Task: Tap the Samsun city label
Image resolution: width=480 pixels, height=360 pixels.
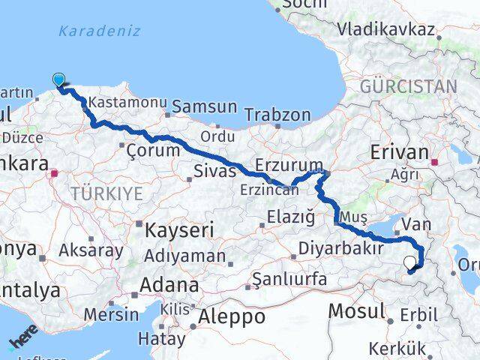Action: [204, 106]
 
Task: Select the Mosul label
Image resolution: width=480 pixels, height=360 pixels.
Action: [358, 309]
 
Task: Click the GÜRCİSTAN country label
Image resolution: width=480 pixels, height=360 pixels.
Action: [408, 86]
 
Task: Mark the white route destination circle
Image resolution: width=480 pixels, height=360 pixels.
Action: [409, 263]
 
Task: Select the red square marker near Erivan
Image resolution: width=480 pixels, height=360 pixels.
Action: [434, 160]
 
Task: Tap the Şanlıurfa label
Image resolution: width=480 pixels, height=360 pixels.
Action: [289, 279]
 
